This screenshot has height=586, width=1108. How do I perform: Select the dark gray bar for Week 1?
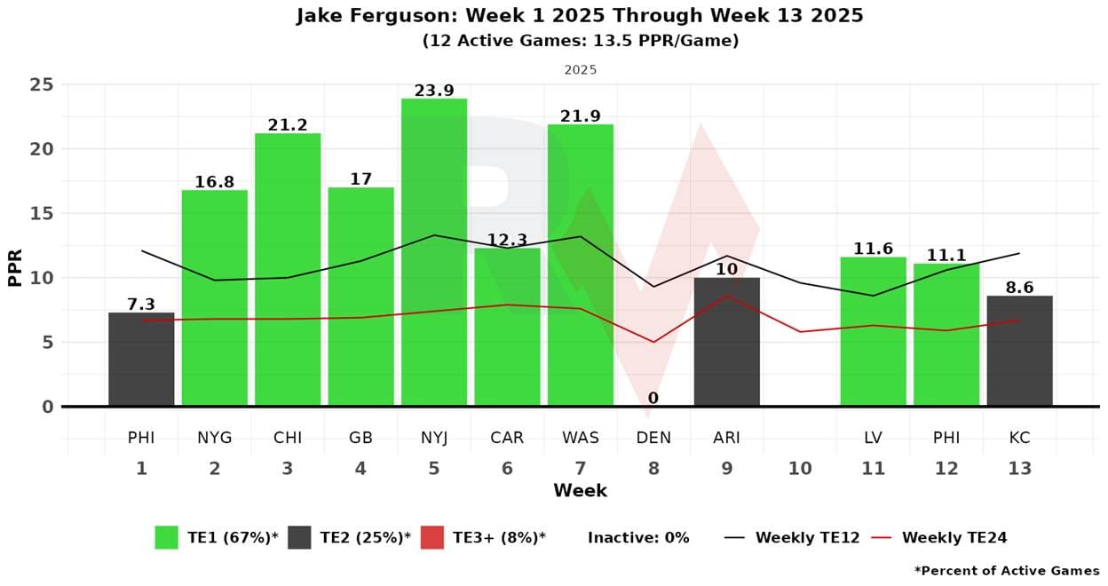141,360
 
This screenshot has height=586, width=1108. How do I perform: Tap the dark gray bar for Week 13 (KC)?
1019,351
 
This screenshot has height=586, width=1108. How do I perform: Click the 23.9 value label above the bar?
433,91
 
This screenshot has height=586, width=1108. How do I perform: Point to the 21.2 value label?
288,125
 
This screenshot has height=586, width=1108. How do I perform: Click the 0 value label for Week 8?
653,399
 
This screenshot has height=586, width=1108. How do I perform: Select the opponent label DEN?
653,438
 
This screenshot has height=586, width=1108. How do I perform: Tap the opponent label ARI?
726,438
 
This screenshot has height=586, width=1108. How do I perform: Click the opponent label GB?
360,438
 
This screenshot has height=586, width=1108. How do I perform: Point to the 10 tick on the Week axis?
800,468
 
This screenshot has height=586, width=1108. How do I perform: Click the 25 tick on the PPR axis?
42,85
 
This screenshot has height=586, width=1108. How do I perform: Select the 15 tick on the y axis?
42,214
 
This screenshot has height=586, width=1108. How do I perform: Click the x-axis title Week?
580,491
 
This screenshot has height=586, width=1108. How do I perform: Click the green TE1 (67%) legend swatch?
167,537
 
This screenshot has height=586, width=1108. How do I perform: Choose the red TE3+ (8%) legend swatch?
431,537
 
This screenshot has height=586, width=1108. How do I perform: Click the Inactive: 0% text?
638,537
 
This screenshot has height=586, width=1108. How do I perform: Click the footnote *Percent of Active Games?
1007,571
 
